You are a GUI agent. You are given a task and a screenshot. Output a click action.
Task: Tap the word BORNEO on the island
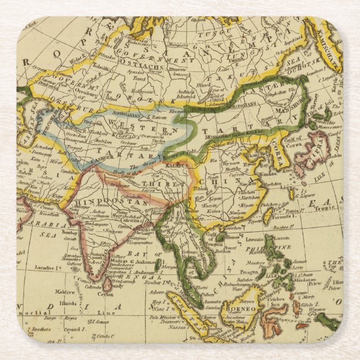(240, 308)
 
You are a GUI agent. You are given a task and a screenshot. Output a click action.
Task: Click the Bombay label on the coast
(69, 230)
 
